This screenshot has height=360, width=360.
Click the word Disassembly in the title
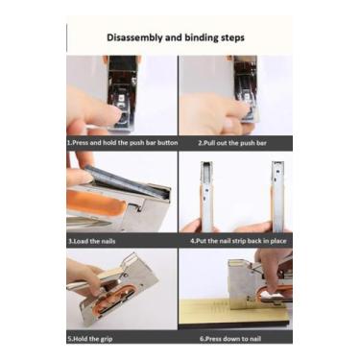(x=134, y=37)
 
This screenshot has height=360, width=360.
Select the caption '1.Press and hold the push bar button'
(x=122, y=143)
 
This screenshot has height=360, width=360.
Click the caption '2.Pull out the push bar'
(x=232, y=143)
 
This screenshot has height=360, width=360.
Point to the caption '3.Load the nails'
(x=91, y=241)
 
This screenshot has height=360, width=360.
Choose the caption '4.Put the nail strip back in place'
(x=238, y=241)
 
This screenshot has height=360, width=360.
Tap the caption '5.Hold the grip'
(x=90, y=339)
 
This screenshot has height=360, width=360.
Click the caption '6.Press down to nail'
(x=230, y=338)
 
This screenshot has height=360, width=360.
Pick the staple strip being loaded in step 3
(x=128, y=182)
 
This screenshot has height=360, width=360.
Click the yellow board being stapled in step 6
(x=235, y=313)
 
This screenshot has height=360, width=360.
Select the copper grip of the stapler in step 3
(x=96, y=204)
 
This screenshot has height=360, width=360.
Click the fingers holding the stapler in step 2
(x=213, y=113)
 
